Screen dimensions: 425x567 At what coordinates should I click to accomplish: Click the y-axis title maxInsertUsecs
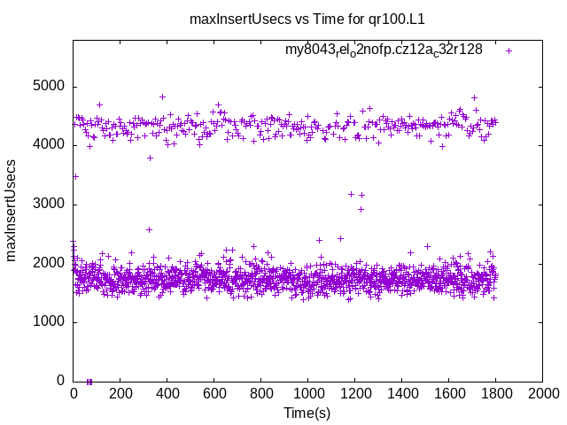point(12,210)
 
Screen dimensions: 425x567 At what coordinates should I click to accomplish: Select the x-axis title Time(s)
point(307,413)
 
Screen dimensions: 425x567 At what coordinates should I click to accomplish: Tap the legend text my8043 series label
point(384,50)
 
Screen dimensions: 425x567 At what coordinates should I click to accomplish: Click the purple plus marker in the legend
point(509,50)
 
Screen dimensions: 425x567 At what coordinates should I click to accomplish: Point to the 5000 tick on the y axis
point(50,87)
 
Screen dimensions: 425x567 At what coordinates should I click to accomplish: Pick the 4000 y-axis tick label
point(50,145)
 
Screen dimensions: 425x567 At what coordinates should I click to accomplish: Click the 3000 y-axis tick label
point(50,205)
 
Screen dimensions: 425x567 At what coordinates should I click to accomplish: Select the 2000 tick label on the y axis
point(50,263)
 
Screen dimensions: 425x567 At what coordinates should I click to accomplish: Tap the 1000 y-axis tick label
point(50,322)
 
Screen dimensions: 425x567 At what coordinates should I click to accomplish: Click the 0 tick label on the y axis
point(61,381)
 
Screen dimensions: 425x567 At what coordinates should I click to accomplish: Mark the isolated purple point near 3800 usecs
point(150,158)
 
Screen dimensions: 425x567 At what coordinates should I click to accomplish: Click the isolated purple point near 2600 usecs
point(149,229)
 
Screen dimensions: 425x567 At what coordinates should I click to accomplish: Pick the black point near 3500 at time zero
point(75,176)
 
